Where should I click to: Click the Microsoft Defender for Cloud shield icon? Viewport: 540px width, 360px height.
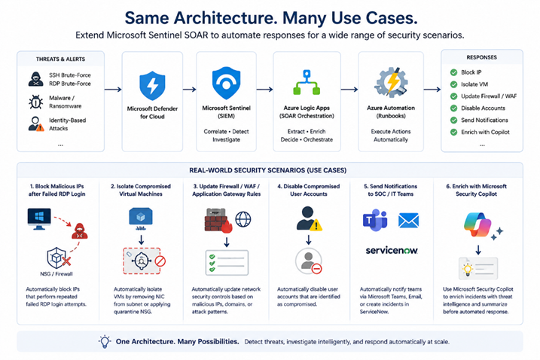152,85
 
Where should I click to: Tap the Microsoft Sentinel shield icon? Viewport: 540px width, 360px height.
226,83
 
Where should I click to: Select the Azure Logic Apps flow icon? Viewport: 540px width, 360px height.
307,82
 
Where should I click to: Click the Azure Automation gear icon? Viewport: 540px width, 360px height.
391,82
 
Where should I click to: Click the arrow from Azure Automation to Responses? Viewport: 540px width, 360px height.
432,90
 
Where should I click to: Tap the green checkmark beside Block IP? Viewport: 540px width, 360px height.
453,72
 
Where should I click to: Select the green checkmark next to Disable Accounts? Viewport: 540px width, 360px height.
453,108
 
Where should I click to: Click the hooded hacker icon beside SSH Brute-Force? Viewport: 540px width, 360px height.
36,79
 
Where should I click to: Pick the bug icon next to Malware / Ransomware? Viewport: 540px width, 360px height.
36,102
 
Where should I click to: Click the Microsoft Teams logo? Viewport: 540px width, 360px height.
375,220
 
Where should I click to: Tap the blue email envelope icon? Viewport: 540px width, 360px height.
408,221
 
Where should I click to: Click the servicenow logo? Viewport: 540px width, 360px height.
392,251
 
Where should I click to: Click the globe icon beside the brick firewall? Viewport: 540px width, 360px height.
243,219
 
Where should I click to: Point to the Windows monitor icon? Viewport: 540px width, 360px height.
39,218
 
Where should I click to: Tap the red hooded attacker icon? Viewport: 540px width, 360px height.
80,231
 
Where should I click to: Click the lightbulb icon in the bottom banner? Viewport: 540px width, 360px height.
105,342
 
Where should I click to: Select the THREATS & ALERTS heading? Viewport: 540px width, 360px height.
60,59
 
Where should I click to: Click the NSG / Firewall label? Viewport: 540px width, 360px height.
56,274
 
